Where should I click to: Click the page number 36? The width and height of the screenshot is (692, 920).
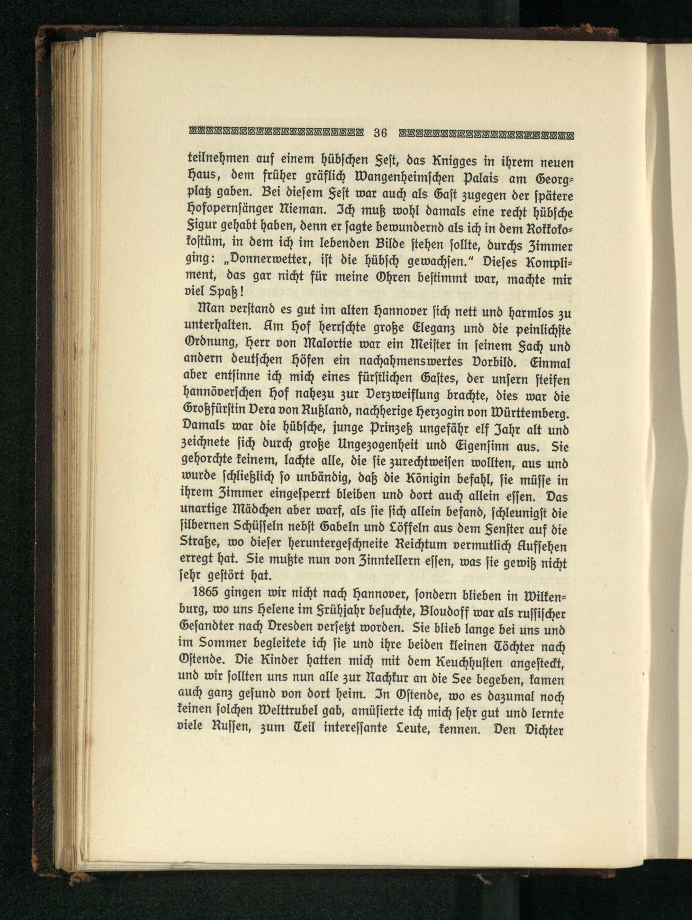point(380,134)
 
